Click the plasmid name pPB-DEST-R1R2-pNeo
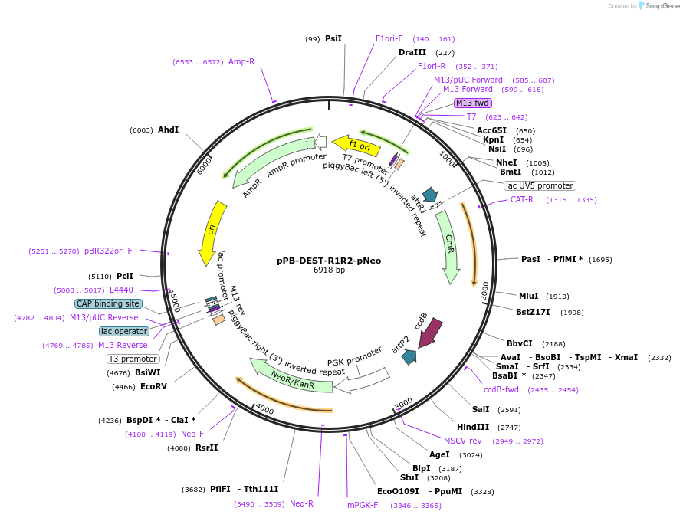[x=329, y=261]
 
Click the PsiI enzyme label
[x=333, y=38]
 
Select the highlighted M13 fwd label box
[x=472, y=103]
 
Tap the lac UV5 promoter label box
[x=540, y=185]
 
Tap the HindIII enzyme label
[x=473, y=427]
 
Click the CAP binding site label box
[x=108, y=303]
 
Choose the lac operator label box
[x=124, y=331]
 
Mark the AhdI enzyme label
[x=168, y=130]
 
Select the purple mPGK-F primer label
[x=363, y=505]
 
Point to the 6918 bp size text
[x=329, y=270]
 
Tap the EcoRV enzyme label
[x=153, y=387]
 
